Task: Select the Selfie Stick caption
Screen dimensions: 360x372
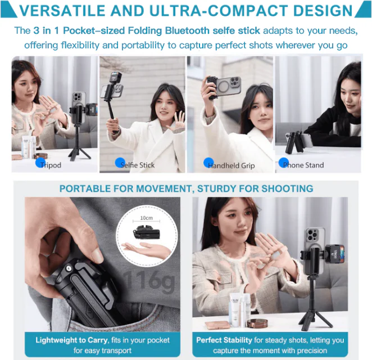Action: (138, 165)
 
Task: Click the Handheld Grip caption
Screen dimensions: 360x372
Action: (231, 165)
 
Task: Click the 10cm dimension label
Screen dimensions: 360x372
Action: (146, 217)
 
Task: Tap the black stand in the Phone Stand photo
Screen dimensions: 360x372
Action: (292, 142)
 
